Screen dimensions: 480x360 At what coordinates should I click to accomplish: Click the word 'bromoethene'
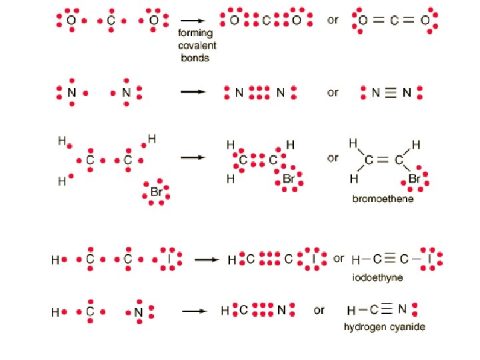(383, 199)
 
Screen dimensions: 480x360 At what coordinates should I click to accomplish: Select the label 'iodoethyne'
(377, 277)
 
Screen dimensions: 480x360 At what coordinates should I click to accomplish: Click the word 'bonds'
(195, 57)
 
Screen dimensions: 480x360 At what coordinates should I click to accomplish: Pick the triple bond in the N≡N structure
(390, 93)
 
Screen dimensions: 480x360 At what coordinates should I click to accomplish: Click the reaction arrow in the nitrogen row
(193, 92)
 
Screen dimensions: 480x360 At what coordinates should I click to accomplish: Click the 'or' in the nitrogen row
(333, 93)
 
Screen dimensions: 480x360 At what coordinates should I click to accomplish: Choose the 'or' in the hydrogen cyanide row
(319, 310)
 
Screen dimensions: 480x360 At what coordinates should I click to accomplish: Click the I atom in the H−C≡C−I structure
(431, 259)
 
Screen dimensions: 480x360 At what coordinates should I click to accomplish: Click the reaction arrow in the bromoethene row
(193, 157)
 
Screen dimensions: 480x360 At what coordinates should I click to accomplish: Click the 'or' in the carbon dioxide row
(333, 20)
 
